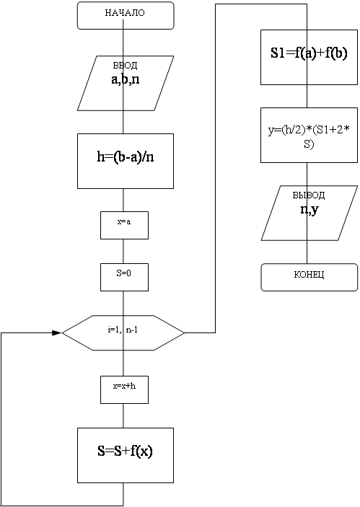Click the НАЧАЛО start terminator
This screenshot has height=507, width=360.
(126, 16)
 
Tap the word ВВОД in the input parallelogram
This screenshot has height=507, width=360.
(126, 66)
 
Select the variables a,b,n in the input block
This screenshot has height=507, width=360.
(126, 79)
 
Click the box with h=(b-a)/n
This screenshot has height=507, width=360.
(126, 161)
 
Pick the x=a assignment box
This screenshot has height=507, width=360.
(125, 225)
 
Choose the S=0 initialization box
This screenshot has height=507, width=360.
(125, 277)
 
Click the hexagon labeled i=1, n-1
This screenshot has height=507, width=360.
(123, 332)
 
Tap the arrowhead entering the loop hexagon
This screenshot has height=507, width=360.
(57, 332)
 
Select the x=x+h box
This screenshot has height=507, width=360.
(125, 389)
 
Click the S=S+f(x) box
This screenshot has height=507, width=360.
(126, 455)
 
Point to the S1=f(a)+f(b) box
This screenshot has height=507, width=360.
(309, 57)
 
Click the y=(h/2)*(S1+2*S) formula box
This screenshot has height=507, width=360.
(309, 135)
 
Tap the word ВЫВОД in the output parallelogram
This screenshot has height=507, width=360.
(309, 195)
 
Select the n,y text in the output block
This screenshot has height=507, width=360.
(309, 210)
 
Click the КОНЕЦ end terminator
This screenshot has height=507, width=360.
(309, 277)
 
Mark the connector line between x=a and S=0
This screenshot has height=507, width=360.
(123, 251)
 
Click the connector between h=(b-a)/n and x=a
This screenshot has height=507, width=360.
(123, 200)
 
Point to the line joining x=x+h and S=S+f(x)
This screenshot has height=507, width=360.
(123, 416)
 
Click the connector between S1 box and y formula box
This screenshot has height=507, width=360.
(307, 97)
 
